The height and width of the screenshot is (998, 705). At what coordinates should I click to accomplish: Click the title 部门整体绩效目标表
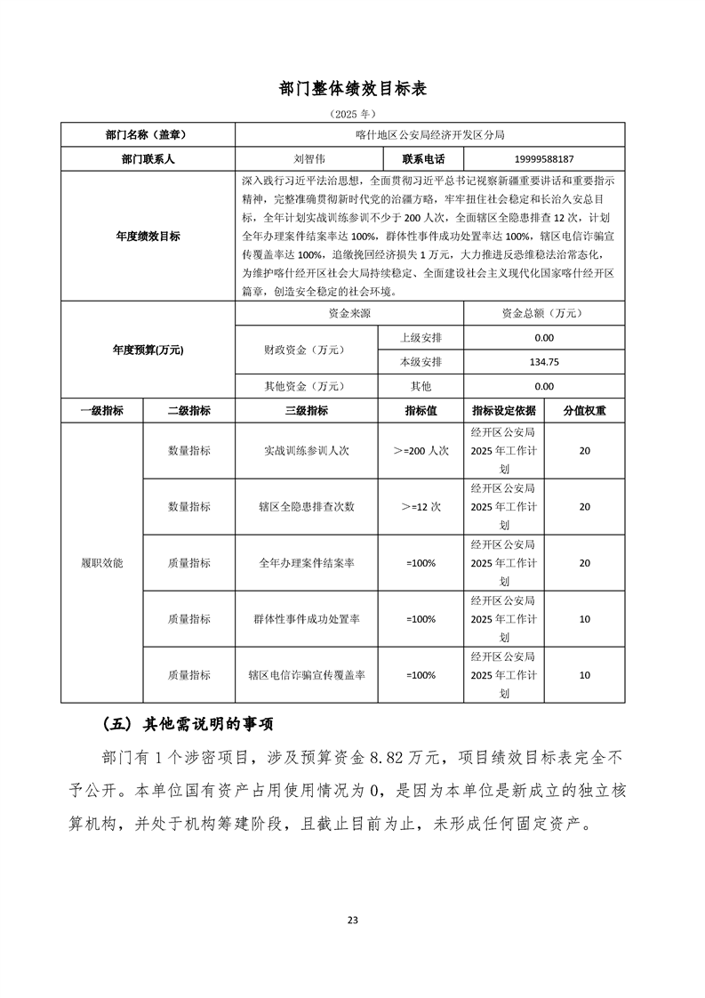[x=353, y=89]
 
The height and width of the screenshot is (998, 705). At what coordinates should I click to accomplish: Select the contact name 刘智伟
[x=306, y=158]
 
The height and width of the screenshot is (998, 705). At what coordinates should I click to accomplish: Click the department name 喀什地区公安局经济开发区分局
[x=429, y=135]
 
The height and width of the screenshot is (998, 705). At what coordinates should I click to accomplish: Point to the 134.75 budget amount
[x=544, y=362]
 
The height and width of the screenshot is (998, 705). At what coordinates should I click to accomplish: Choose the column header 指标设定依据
[x=504, y=411]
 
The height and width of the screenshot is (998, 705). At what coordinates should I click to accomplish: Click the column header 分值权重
[x=584, y=411]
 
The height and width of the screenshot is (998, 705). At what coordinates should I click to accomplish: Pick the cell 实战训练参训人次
[x=306, y=451]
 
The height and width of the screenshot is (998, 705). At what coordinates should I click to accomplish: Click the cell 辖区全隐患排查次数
[x=306, y=507]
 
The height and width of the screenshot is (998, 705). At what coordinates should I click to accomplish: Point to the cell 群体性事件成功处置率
[x=306, y=619]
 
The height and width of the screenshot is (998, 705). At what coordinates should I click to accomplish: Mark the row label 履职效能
[x=101, y=563]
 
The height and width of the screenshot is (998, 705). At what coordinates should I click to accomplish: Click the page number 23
[x=353, y=920]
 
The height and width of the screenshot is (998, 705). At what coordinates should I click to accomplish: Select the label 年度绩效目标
[x=148, y=237]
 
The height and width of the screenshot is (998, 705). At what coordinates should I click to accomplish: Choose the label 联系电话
[x=421, y=158]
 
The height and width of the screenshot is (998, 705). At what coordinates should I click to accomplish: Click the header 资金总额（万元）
[x=544, y=314]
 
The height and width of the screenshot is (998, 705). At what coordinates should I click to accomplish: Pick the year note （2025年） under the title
[x=353, y=114]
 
